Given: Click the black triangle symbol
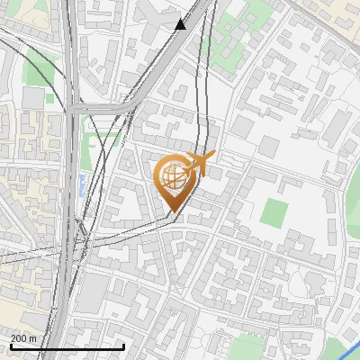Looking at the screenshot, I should coord(181,24).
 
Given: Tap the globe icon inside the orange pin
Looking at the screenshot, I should coord(173,177).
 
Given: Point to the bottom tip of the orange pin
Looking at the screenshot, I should coord(173,213).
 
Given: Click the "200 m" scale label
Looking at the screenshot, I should coord(23,338).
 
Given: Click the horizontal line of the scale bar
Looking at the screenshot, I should coord(67,346).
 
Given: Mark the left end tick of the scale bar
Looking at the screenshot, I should coord(10,346).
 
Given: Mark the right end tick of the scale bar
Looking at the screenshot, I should coord(123,346).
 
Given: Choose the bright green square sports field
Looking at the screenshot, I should coord(274,212).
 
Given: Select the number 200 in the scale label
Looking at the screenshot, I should coord(19,338).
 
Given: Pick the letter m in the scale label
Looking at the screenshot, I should coord(32,338).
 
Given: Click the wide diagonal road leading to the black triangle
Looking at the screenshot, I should coord(153,63).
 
